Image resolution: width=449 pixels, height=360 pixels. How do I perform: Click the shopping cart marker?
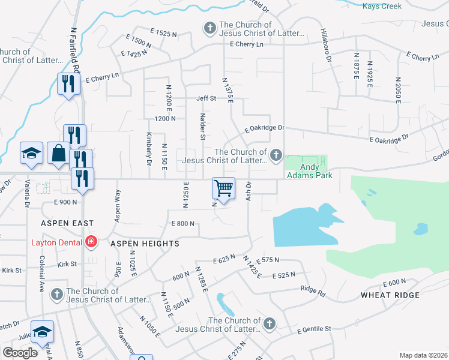[223, 188]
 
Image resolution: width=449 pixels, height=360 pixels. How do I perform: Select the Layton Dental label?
[58, 242]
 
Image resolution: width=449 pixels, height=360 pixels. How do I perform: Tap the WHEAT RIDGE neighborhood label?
[390, 295]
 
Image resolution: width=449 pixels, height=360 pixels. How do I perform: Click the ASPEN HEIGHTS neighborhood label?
[145, 244]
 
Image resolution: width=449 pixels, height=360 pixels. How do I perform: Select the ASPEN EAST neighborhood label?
[67, 223]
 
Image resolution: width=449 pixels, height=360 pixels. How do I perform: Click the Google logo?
[20, 353]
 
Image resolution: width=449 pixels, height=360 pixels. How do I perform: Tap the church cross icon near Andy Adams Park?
[276, 156]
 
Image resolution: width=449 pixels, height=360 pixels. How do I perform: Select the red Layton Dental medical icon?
[91, 242]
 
